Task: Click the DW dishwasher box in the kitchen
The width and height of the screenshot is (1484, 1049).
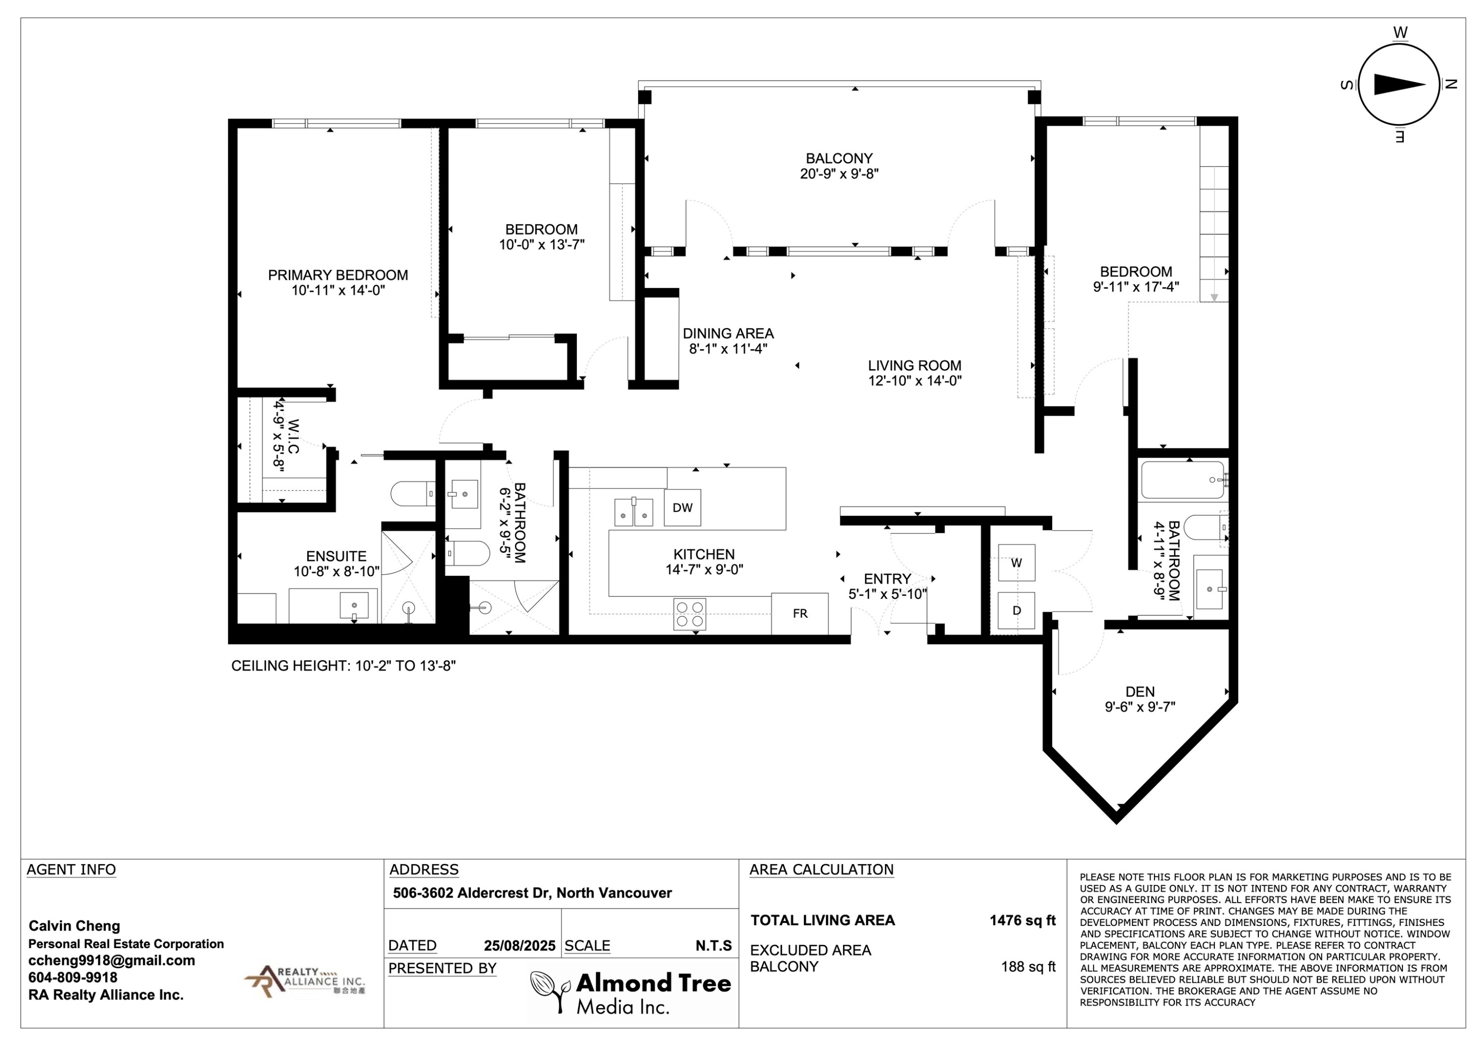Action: (683, 507)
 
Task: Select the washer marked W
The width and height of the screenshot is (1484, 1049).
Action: (1017, 562)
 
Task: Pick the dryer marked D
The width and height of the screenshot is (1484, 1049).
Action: (1017, 610)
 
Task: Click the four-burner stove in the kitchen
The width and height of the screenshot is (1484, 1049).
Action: (690, 614)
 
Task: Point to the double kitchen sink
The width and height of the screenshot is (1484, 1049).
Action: (633, 511)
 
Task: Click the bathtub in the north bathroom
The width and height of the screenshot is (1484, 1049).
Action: (1183, 480)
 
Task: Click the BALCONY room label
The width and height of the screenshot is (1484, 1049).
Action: (839, 158)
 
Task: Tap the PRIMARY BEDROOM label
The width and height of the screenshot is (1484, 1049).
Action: (338, 275)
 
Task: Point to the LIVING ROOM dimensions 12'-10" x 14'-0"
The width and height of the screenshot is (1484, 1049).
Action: (915, 381)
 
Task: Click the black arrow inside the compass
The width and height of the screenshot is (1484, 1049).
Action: (1399, 85)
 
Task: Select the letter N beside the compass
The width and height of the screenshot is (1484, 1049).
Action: (1450, 84)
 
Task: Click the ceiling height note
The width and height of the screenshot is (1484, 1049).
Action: (344, 666)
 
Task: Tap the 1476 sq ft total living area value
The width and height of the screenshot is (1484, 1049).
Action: (1022, 920)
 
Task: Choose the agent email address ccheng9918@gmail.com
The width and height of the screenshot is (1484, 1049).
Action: (112, 960)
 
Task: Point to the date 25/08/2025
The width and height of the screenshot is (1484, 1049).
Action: (520, 946)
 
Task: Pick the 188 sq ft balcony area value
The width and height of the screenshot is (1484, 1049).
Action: (1028, 966)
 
